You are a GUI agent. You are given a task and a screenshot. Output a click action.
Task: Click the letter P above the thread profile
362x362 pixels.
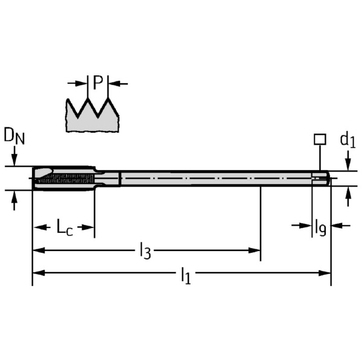[x=98, y=83]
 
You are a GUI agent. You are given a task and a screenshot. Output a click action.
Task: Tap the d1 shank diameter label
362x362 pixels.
[x=348, y=141]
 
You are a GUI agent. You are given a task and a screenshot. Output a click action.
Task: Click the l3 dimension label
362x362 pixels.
[x=145, y=250]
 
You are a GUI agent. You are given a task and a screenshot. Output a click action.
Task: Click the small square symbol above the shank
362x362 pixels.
[x=319, y=139]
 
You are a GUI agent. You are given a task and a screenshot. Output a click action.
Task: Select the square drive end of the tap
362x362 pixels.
[x=321, y=177]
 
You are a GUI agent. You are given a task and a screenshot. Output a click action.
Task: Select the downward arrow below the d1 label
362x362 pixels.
[x=348, y=164]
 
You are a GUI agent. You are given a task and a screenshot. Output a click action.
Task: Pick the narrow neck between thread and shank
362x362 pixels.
[x=107, y=177]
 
